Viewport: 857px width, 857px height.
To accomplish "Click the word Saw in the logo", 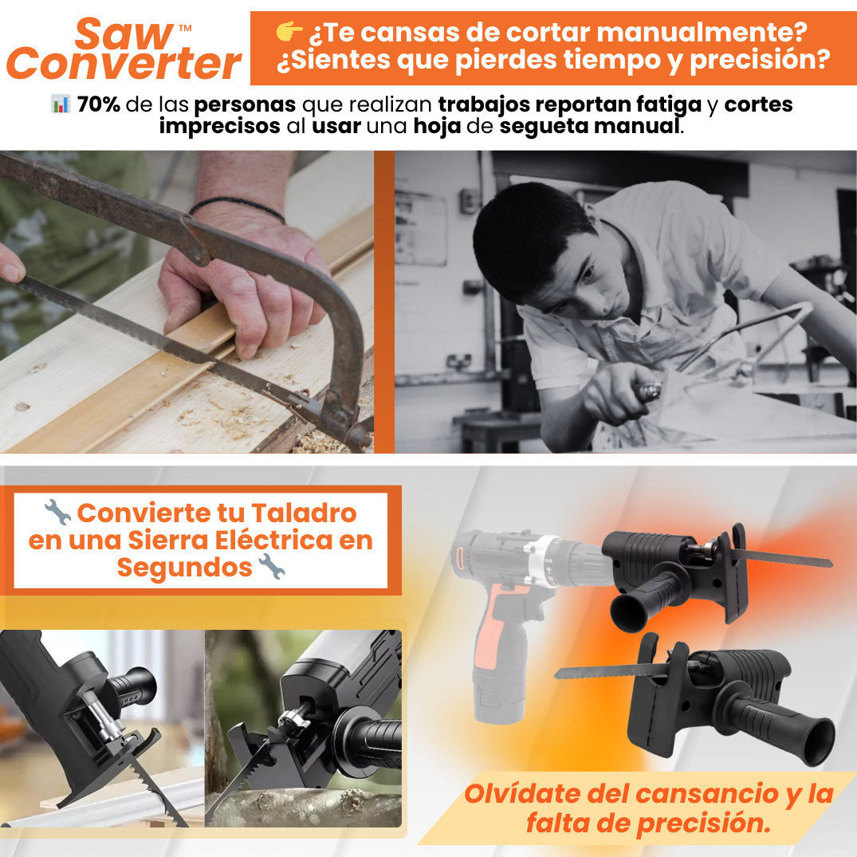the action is [124, 33].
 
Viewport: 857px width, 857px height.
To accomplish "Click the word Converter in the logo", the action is [124, 64].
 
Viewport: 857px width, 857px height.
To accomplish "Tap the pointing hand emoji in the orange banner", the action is [289, 32].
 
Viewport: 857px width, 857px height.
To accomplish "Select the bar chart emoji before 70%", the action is [61, 104].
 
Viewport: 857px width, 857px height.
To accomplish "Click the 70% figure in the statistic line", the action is [98, 104].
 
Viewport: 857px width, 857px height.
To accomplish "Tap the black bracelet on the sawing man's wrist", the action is [238, 208].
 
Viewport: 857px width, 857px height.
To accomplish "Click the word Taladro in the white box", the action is [304, 513].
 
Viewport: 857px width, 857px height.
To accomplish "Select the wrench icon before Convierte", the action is [57, 512].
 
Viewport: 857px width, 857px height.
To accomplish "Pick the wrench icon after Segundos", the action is [271, 566].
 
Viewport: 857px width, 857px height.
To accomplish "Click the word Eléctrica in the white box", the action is [273, 540].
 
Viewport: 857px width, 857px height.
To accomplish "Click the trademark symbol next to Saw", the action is [185, 27].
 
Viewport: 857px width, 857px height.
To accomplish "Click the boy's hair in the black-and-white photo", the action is [525, 230].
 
